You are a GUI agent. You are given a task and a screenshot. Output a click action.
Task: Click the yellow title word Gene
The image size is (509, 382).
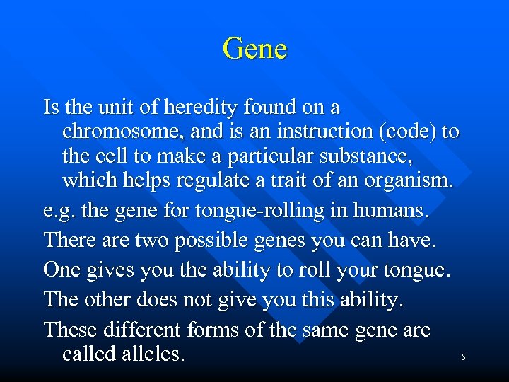(255, 49)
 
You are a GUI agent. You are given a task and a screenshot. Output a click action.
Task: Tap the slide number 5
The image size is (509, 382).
(463, 357)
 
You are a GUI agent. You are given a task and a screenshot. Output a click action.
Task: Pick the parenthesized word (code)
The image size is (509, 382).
(408, 132)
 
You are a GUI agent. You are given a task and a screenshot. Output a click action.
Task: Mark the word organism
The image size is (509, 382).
(407, 181)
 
